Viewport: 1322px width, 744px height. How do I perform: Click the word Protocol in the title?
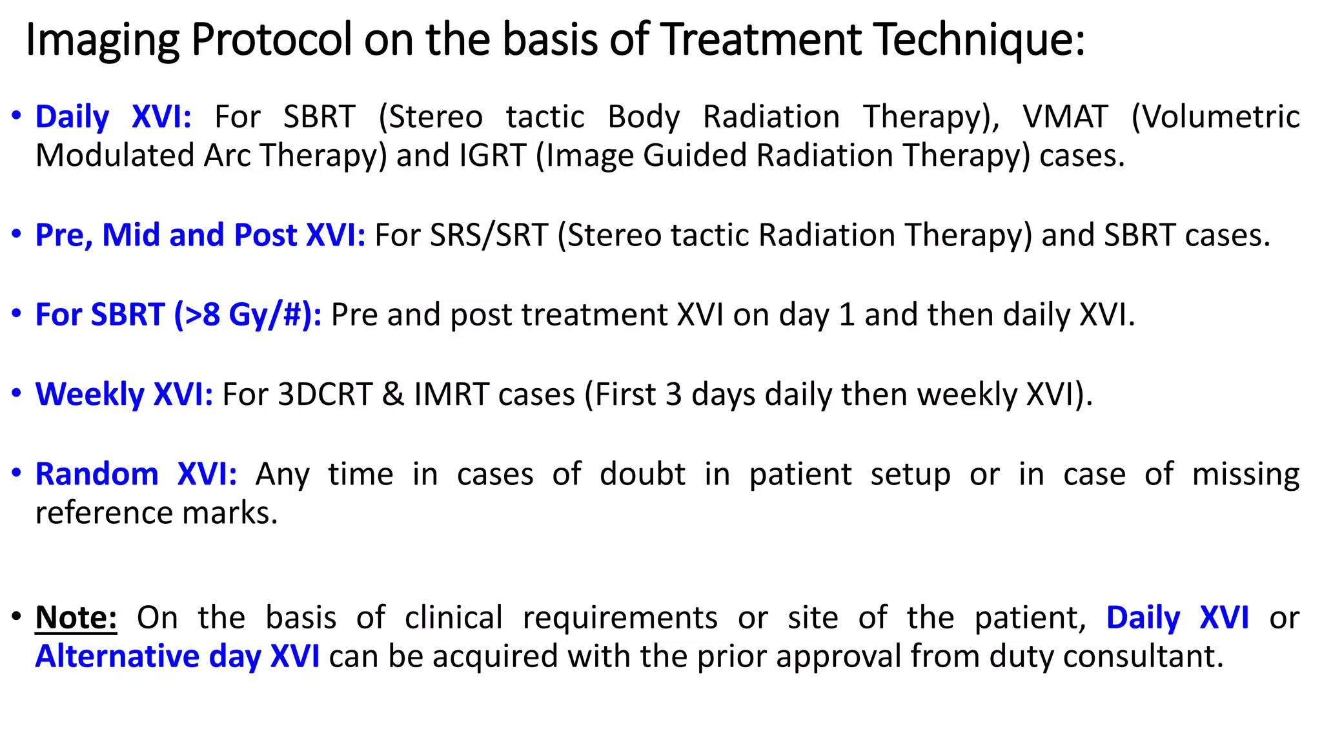pos(272,39)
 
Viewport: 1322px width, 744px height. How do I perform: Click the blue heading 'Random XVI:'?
pos(136,474)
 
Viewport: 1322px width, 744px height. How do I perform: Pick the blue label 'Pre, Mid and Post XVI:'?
pos(200,235)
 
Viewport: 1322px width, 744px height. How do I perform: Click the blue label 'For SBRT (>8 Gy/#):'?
pos(178,315)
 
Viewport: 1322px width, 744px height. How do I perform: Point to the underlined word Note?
pos(76,617)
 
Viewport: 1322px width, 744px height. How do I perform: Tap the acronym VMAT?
pos(1065,117)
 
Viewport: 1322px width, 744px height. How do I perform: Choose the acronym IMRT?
pos(451,394)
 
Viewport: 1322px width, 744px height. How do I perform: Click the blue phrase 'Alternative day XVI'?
pos(178,656)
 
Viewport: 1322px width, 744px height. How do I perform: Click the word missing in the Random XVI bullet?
pos(1245,474)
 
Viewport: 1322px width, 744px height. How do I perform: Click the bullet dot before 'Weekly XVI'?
pos(17,393)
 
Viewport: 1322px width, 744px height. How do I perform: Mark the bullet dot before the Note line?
pos(17,616)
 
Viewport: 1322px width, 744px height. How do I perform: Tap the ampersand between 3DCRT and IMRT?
pos(393,394)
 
